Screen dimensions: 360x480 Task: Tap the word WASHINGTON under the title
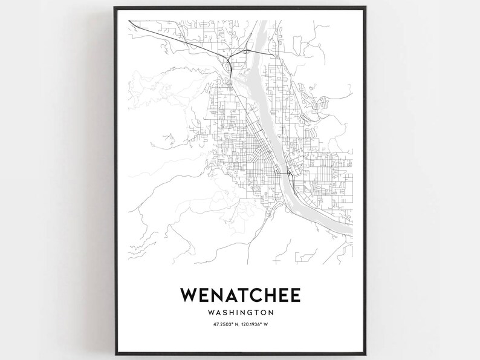click(239, 313)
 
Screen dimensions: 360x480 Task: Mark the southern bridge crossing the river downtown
click(284, 174)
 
